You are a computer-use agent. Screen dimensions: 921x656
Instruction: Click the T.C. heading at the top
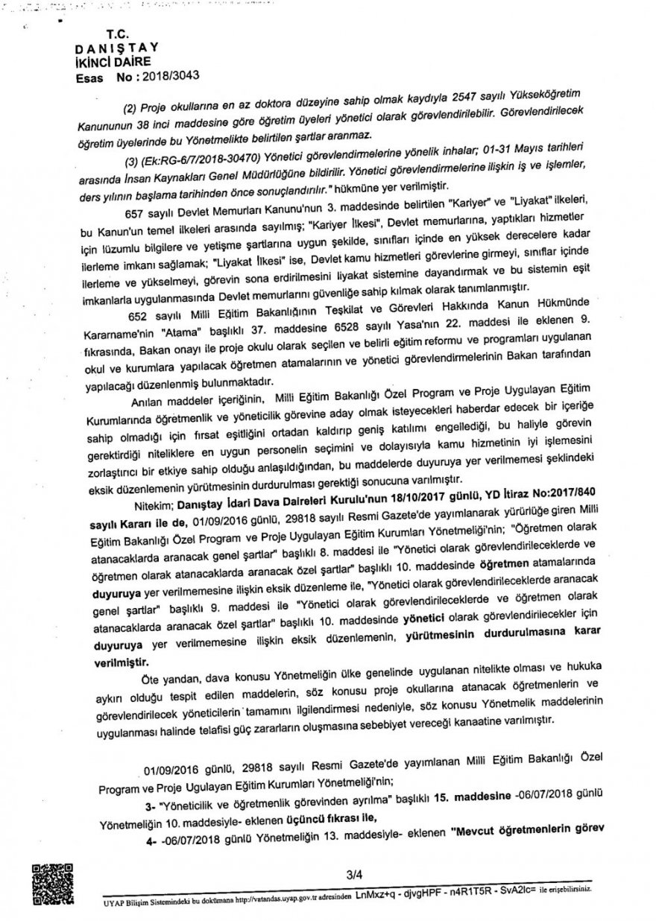click(x=118, y=34)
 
